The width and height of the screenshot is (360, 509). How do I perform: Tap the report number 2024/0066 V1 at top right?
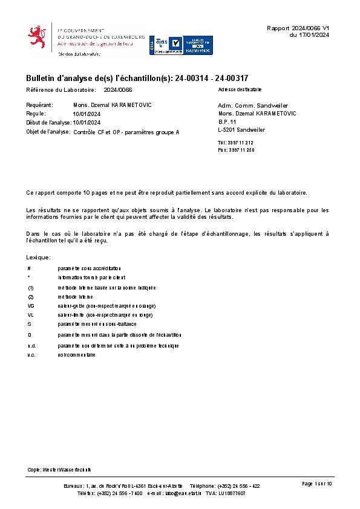pos(298,28)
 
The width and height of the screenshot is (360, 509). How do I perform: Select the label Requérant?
pos(40,105)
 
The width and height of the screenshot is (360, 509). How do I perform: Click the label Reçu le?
pos(36,114)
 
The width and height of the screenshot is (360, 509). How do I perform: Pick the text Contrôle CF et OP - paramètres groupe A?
pos(126,132)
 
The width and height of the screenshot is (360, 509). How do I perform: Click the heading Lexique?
pos(38,258)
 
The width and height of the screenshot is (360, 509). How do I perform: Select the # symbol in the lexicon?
pos(29,268)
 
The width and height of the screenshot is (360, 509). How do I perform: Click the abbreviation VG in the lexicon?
pos(31,306)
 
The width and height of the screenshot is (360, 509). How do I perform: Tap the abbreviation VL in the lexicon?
pos(31,316)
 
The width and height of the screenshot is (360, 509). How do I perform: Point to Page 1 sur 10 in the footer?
pos(317,484)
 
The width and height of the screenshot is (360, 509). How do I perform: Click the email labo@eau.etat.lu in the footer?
pos(181,493)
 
